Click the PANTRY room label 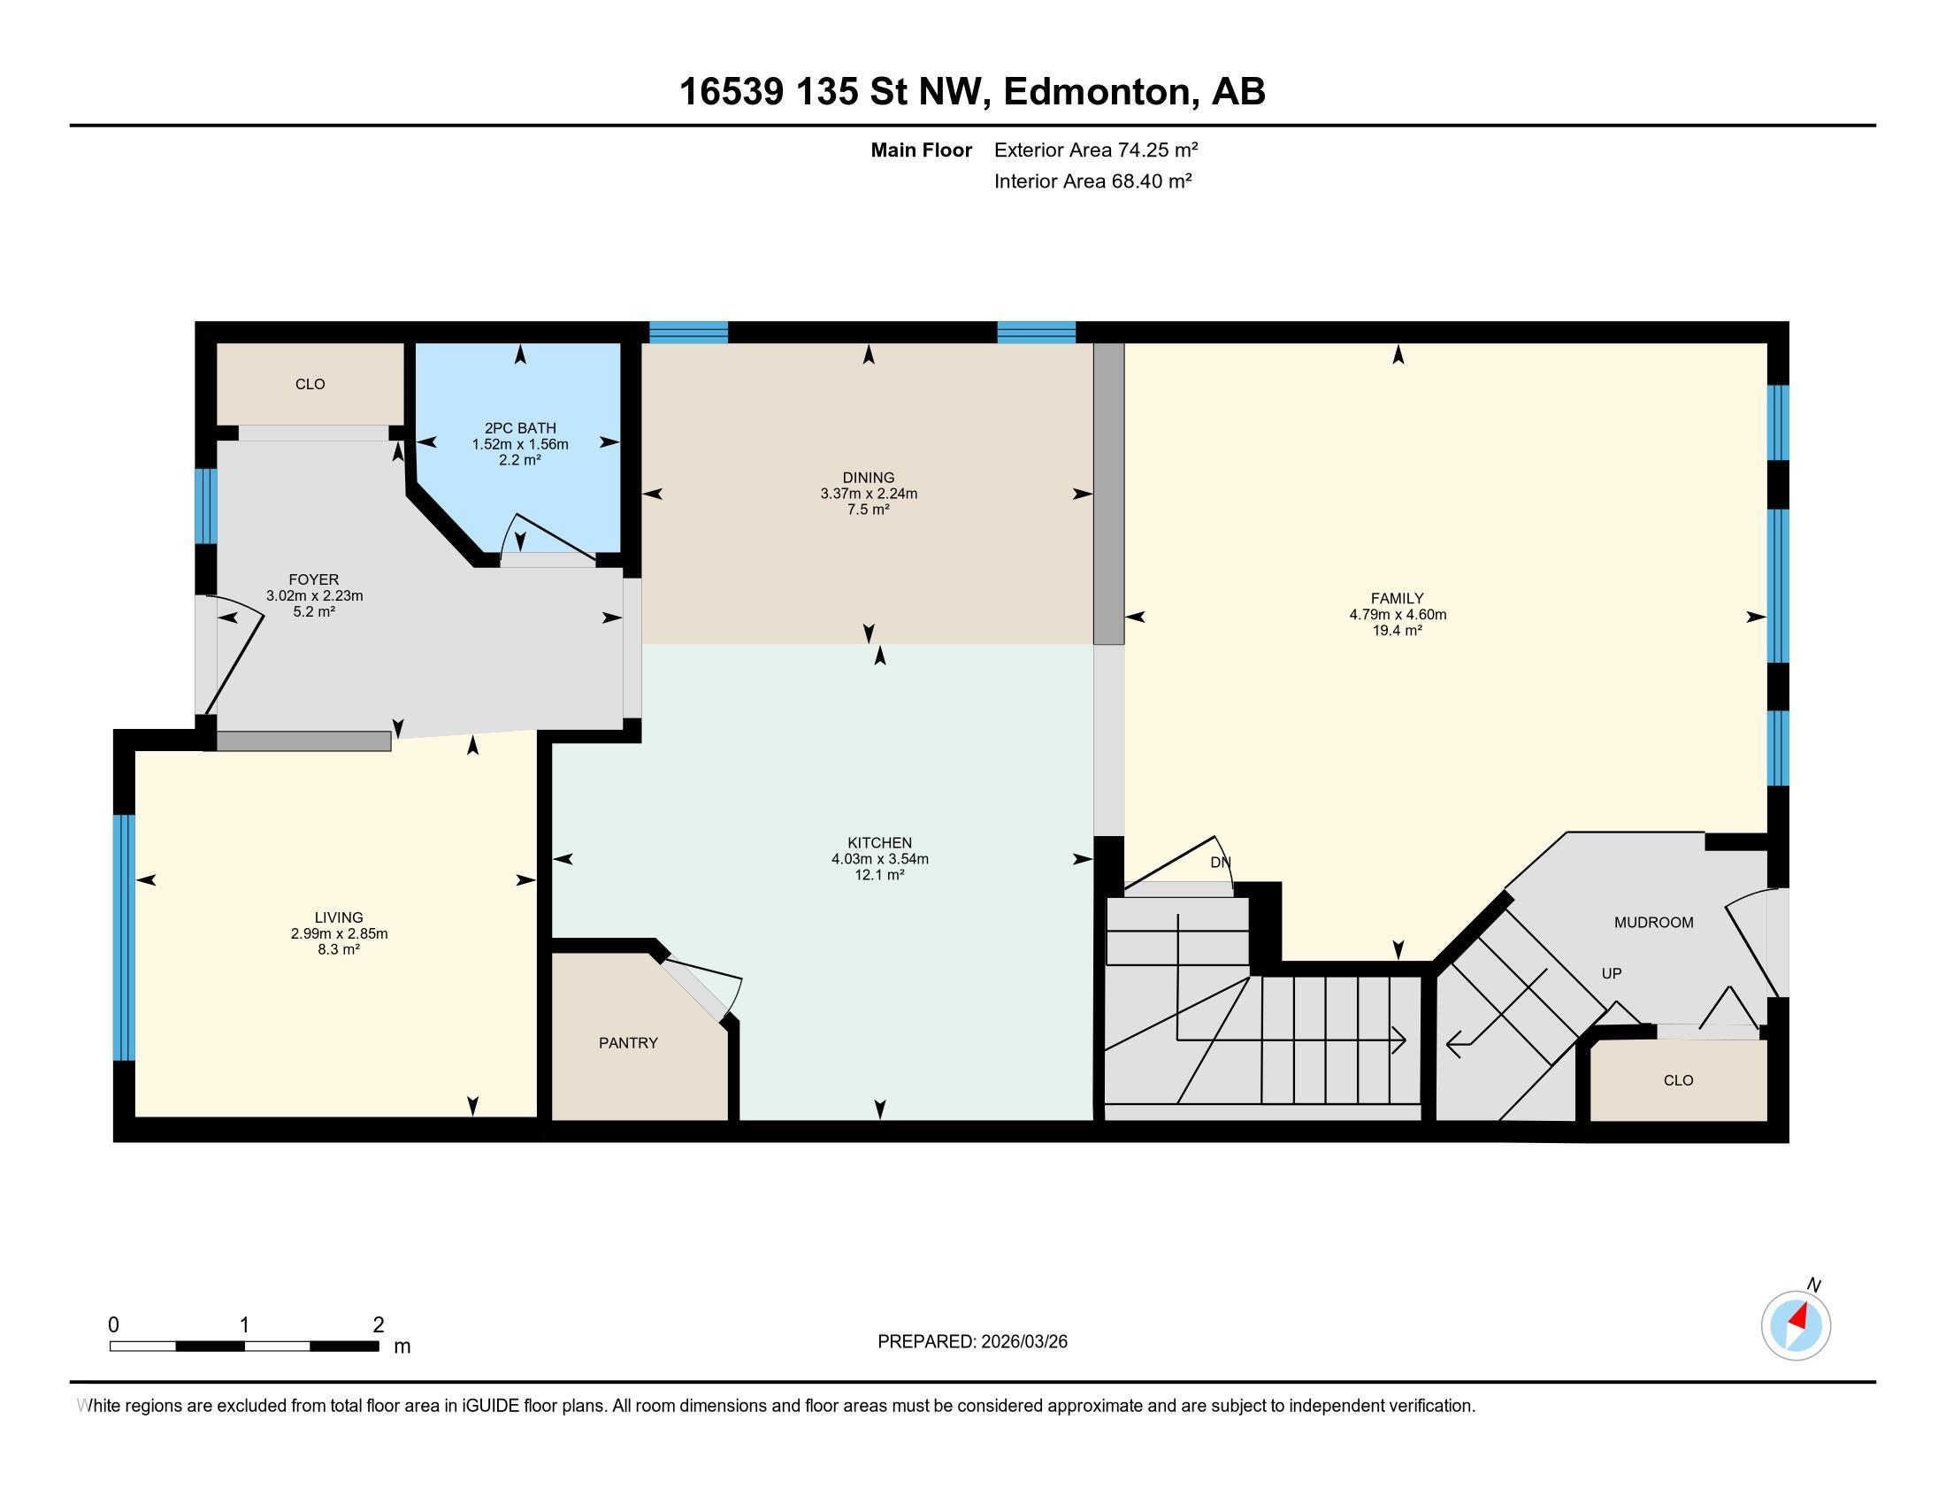coord(628,1042)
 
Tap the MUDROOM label coord(1654,922)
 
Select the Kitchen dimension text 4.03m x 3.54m coord(879,859)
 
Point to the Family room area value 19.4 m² coord(1397,630)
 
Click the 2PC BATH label coord(520,427)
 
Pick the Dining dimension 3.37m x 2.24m coord(869,494)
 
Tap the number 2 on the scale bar coord(379,1325)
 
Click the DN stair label coord(1220,863)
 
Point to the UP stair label coord(1611,973)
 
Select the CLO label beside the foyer coord(310,384)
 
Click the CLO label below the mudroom coord(1678,1080)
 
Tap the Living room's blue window coord(124,937)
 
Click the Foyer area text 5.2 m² coord(314,612)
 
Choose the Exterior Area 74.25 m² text coord(1096,150)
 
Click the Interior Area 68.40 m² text coord(1093,180)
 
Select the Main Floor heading coord(922,150)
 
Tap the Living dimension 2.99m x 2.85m coord(339,933)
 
